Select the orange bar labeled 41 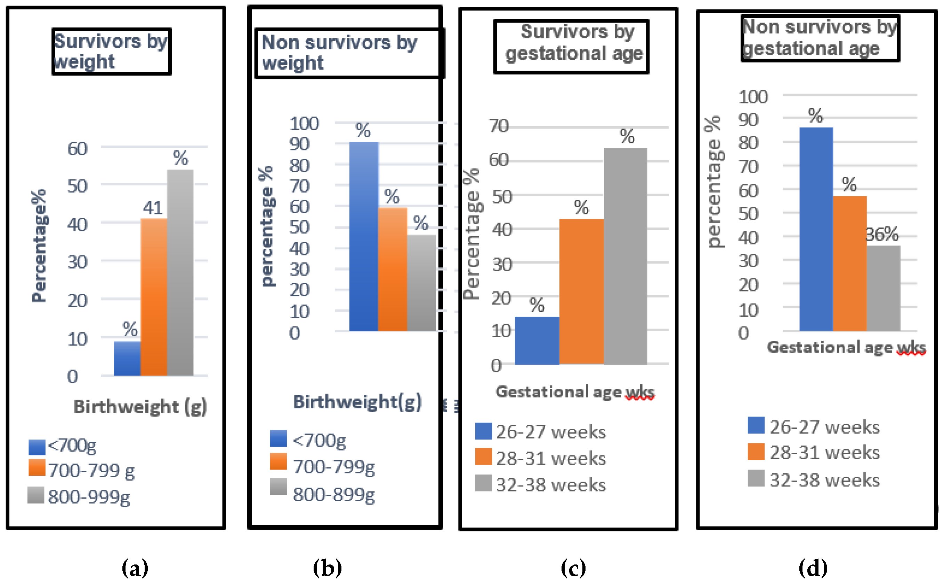(153, 297)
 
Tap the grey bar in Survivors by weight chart (180, 272)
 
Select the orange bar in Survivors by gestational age (581, 291)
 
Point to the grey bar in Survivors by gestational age (625, 256)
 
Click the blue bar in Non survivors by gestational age (816, 229)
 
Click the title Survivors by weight (111, 52)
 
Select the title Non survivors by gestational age (820, 38)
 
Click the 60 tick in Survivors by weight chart (77, 149)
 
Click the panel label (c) (573, 568)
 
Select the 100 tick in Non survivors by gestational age (753, 97)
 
